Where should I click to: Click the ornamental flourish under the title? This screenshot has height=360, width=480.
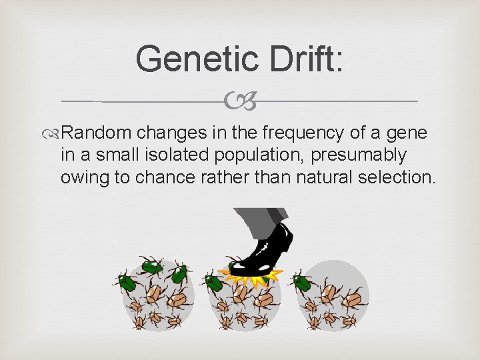239,101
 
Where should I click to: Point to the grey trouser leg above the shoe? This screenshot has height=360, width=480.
264,219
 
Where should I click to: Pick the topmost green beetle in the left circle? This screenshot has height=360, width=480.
152,266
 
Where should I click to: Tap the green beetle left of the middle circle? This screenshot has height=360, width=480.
214,282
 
